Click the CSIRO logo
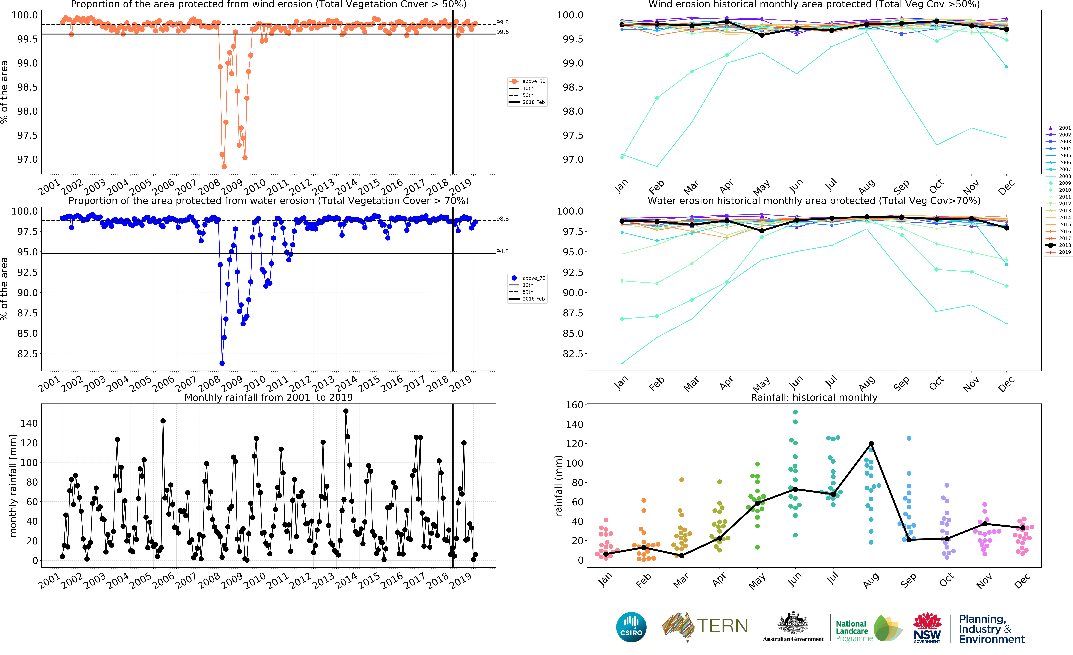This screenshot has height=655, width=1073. coord(631,627)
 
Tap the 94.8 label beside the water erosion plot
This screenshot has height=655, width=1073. coord(503,251)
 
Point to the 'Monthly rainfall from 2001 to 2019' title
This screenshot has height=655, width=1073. coord(269,397)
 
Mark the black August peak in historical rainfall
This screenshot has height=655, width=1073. coord(871,444)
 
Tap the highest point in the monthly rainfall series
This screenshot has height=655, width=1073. coord(346,411)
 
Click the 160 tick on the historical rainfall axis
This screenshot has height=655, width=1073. coord(574,405)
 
